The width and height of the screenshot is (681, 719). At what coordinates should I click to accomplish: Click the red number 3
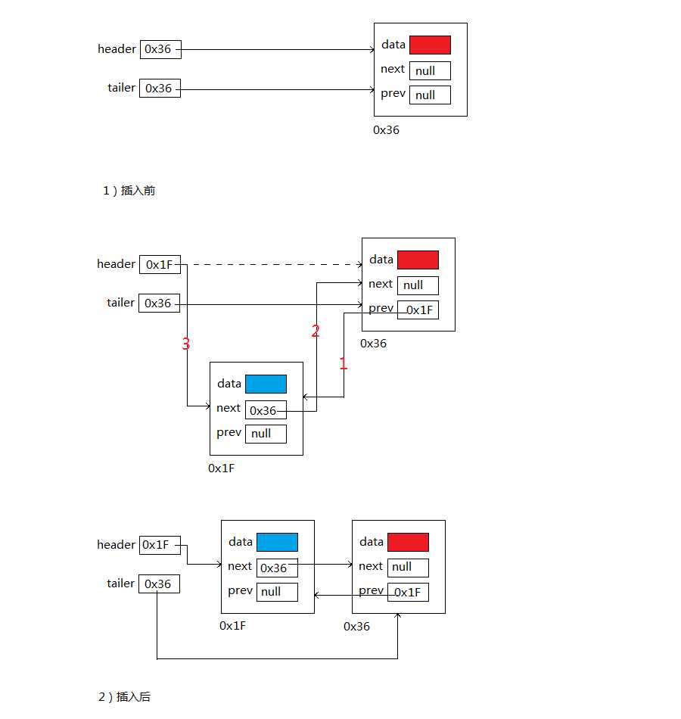(185, 345)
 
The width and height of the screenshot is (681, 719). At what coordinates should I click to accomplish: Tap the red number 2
(316, 331)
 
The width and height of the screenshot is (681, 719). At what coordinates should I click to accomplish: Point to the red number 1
(343, 364)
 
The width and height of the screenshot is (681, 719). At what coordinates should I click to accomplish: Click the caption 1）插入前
(129, 191)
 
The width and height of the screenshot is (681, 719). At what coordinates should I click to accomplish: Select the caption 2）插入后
(124, 697)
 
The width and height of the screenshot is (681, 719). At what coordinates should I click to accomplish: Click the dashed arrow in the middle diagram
(272, 265)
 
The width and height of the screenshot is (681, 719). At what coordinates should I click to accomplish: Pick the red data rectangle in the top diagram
(430, 45)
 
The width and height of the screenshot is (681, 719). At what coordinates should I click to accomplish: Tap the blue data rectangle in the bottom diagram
(277, 543)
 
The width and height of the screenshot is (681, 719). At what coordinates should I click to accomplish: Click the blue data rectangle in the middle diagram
(266, 384)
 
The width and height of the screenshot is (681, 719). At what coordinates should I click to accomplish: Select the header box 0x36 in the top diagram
(160, 50)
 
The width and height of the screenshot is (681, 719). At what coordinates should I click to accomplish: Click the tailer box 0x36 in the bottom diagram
(159, 584)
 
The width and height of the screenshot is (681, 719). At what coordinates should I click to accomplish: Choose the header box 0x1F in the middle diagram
(159, 265)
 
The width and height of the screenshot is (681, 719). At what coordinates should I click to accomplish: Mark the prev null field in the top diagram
(430, 95)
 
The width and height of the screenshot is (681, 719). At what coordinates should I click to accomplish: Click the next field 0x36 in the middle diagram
(266, 410)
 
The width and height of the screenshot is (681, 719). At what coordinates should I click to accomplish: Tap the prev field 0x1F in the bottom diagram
(408, 592)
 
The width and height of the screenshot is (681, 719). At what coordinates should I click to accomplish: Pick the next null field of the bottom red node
(408, 568)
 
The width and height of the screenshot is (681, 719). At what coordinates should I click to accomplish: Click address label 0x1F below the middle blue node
(222, 468)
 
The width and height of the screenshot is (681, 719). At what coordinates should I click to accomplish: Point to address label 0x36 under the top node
(386, 130)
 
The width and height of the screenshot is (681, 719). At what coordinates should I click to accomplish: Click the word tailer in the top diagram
(121, 88)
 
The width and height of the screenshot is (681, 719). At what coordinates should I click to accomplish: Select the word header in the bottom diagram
(116, 545)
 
